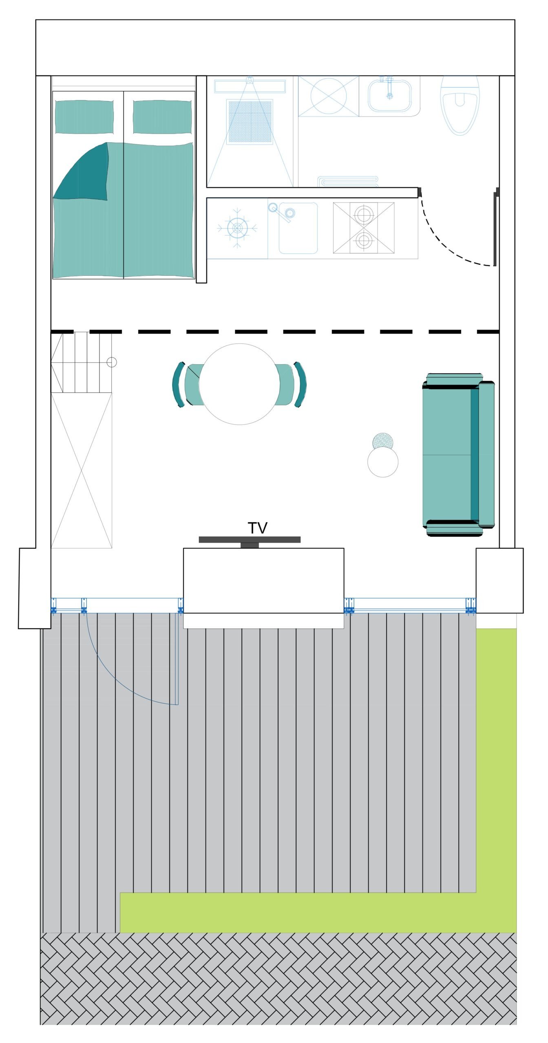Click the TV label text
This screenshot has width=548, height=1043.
pos(257,528)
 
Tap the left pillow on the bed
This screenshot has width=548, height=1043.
pos(84,117)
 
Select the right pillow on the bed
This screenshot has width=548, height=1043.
pos(162,117)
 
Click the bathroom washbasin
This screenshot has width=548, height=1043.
pos(390,96)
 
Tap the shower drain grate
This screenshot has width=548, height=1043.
pos(250,121)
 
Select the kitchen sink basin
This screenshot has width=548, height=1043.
pos(298,228)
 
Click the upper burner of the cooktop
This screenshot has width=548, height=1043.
pos(363,214)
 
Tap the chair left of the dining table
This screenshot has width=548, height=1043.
pos(186,385)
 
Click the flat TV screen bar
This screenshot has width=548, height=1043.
pos(250,540)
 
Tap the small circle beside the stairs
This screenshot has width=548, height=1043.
pos(111,362)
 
